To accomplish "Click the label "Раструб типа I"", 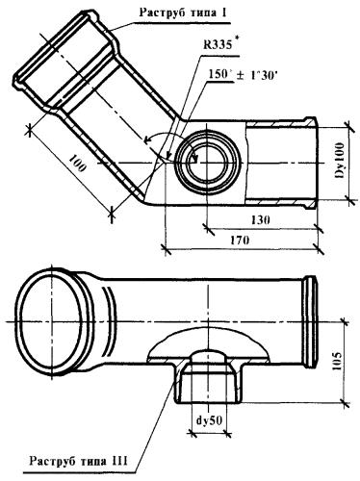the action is coord(184,13).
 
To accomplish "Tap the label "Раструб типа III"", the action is coord(79,461).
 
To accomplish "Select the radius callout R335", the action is coord(217,44).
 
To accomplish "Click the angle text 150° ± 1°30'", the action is coord(244,75).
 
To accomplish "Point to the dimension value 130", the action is coord(260,220).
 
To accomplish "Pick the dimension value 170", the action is coord(240,240).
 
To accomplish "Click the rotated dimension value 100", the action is coord(77,163).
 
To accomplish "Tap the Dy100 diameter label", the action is coord(339,161).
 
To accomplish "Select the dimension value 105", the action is coord(337,361).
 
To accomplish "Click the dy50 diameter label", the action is coord(210,420).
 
